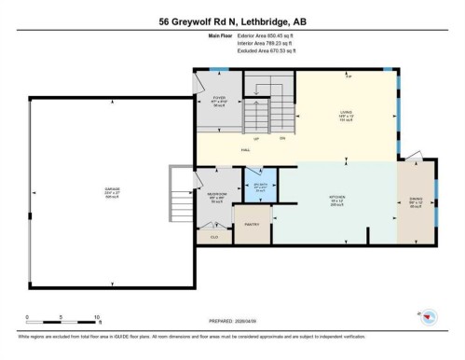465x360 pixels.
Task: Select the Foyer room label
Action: [x=219, y=98]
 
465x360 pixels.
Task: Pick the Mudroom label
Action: [x=216, y=197]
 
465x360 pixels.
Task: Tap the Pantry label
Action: [x=252, y=225]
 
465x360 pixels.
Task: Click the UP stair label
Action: [x=256, y=138]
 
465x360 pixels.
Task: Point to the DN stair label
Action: [x=282, y=138]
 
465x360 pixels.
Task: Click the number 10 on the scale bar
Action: [x=96, y=317]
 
